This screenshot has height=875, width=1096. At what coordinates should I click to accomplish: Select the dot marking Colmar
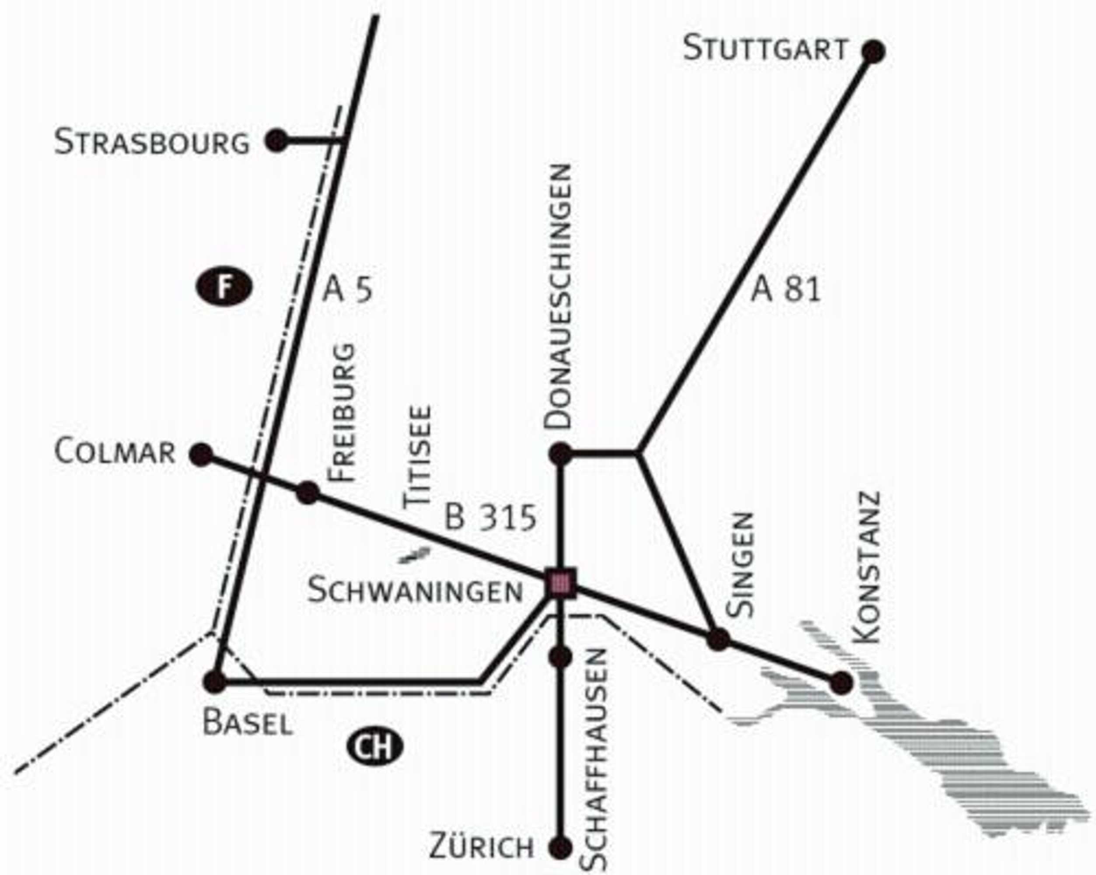point(201,454)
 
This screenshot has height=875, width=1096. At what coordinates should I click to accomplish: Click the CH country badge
point(375,746)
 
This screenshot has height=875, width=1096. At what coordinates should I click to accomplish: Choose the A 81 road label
point(786,289)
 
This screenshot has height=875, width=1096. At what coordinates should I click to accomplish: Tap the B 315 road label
point(491,518)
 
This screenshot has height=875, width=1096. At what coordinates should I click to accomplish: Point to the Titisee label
point(418,457)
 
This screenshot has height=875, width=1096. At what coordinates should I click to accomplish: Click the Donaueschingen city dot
point(561,454)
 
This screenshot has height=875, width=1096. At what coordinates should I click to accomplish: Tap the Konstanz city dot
point(841,682)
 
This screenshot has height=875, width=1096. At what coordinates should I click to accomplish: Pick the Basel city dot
point(215,681)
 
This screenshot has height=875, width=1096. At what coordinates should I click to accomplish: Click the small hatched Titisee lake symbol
point(414,555)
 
